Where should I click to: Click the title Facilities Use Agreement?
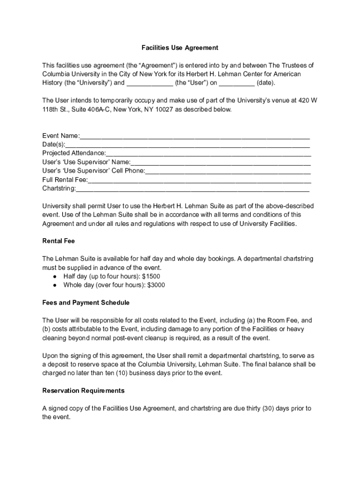click(x=180, y=48)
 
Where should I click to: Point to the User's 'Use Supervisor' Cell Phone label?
click(x=94, y=171)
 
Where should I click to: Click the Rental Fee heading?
click(x=58, y=241)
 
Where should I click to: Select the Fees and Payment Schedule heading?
click(x=86, y=303)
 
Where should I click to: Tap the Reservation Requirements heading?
click(x=83, y=391)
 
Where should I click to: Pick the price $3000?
click(x=156, y=285)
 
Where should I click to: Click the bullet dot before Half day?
click(x=55, y=276)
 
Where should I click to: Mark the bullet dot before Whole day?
click(x=55, y=285)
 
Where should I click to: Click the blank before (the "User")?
click(x=150, y=83)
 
